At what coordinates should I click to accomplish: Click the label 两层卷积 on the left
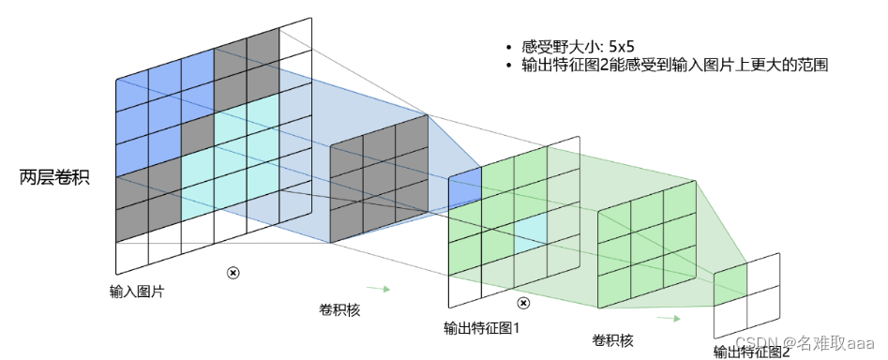54,177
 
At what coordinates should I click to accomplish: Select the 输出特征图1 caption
481,329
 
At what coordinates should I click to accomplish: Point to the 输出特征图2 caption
751,352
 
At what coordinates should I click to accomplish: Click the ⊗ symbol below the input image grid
233,273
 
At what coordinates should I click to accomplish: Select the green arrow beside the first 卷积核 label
376,289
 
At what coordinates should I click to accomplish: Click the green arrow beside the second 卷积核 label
668,318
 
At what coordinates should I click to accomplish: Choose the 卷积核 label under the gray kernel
340,307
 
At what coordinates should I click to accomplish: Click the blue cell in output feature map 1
466,187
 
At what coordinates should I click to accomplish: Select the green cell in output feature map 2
730,280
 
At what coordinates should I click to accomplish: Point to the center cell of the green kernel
647,238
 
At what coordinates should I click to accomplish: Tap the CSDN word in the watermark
751,342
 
